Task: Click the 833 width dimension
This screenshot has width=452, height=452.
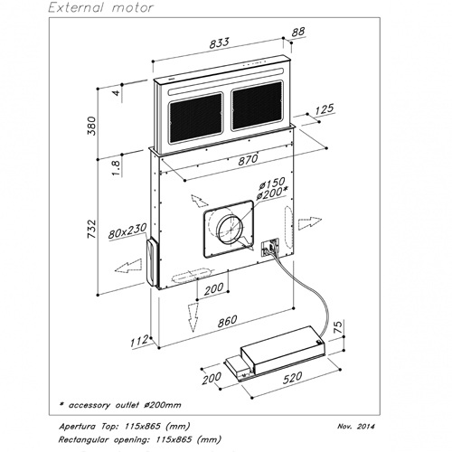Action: [x=220, y=42]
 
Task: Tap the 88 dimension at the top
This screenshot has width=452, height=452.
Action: [x=298, y=32]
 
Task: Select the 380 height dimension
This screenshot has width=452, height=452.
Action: [x=91, y=126]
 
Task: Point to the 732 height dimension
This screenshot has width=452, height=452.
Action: [x=91, y=229]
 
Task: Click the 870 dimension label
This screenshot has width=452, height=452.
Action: [x=249, y=160]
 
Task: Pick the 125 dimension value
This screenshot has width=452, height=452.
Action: [x=325, y=109]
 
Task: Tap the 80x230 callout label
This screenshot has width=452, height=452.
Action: [x=127, y=231]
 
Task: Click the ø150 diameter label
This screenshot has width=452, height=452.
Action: [x=272, y=184]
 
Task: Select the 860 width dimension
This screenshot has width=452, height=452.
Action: [x=227, y=321]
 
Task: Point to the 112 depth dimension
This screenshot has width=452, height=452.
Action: [x=139, y=341]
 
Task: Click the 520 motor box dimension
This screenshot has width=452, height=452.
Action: [x=292, y=378]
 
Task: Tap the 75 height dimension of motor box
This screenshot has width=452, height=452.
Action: [x=339, y=327]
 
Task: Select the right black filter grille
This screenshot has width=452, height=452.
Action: [x=258, y=105]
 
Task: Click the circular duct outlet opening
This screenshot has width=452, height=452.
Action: [x=230, y=228]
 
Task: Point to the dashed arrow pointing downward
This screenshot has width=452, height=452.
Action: [x=193, y=317]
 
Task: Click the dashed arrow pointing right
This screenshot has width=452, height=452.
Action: [x=310, y=223]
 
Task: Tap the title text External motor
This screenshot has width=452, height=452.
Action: [x=101, y=7]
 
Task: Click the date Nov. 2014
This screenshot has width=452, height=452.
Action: [x=356, y=426]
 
